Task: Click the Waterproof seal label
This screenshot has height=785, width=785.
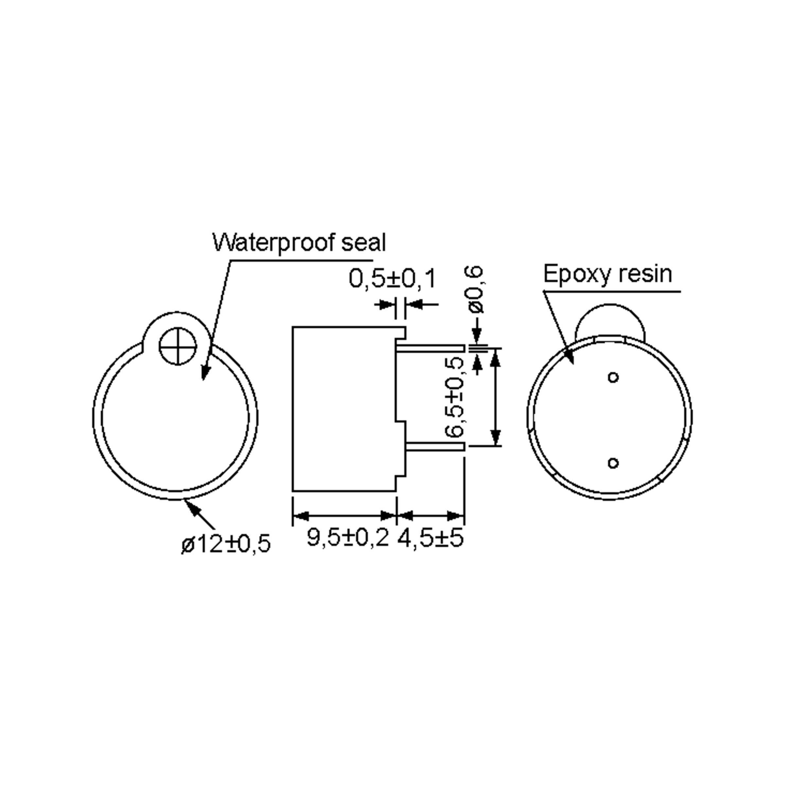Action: coord(299,243)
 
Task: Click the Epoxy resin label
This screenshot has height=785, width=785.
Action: coord(607,274)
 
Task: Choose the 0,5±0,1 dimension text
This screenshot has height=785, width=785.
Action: coord(392,279)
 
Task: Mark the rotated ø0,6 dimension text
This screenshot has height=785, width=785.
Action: coord(475,289)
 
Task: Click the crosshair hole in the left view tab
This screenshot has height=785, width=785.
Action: coord(178,346)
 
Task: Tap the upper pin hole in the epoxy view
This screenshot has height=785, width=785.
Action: coord(613,377)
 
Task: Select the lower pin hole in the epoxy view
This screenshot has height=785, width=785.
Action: coord(613,463)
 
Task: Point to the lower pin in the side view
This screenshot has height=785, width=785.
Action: coord(435,447)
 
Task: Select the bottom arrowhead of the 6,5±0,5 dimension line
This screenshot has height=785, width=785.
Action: coord(495,439)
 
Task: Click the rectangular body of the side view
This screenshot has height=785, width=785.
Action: coord(344,408)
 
